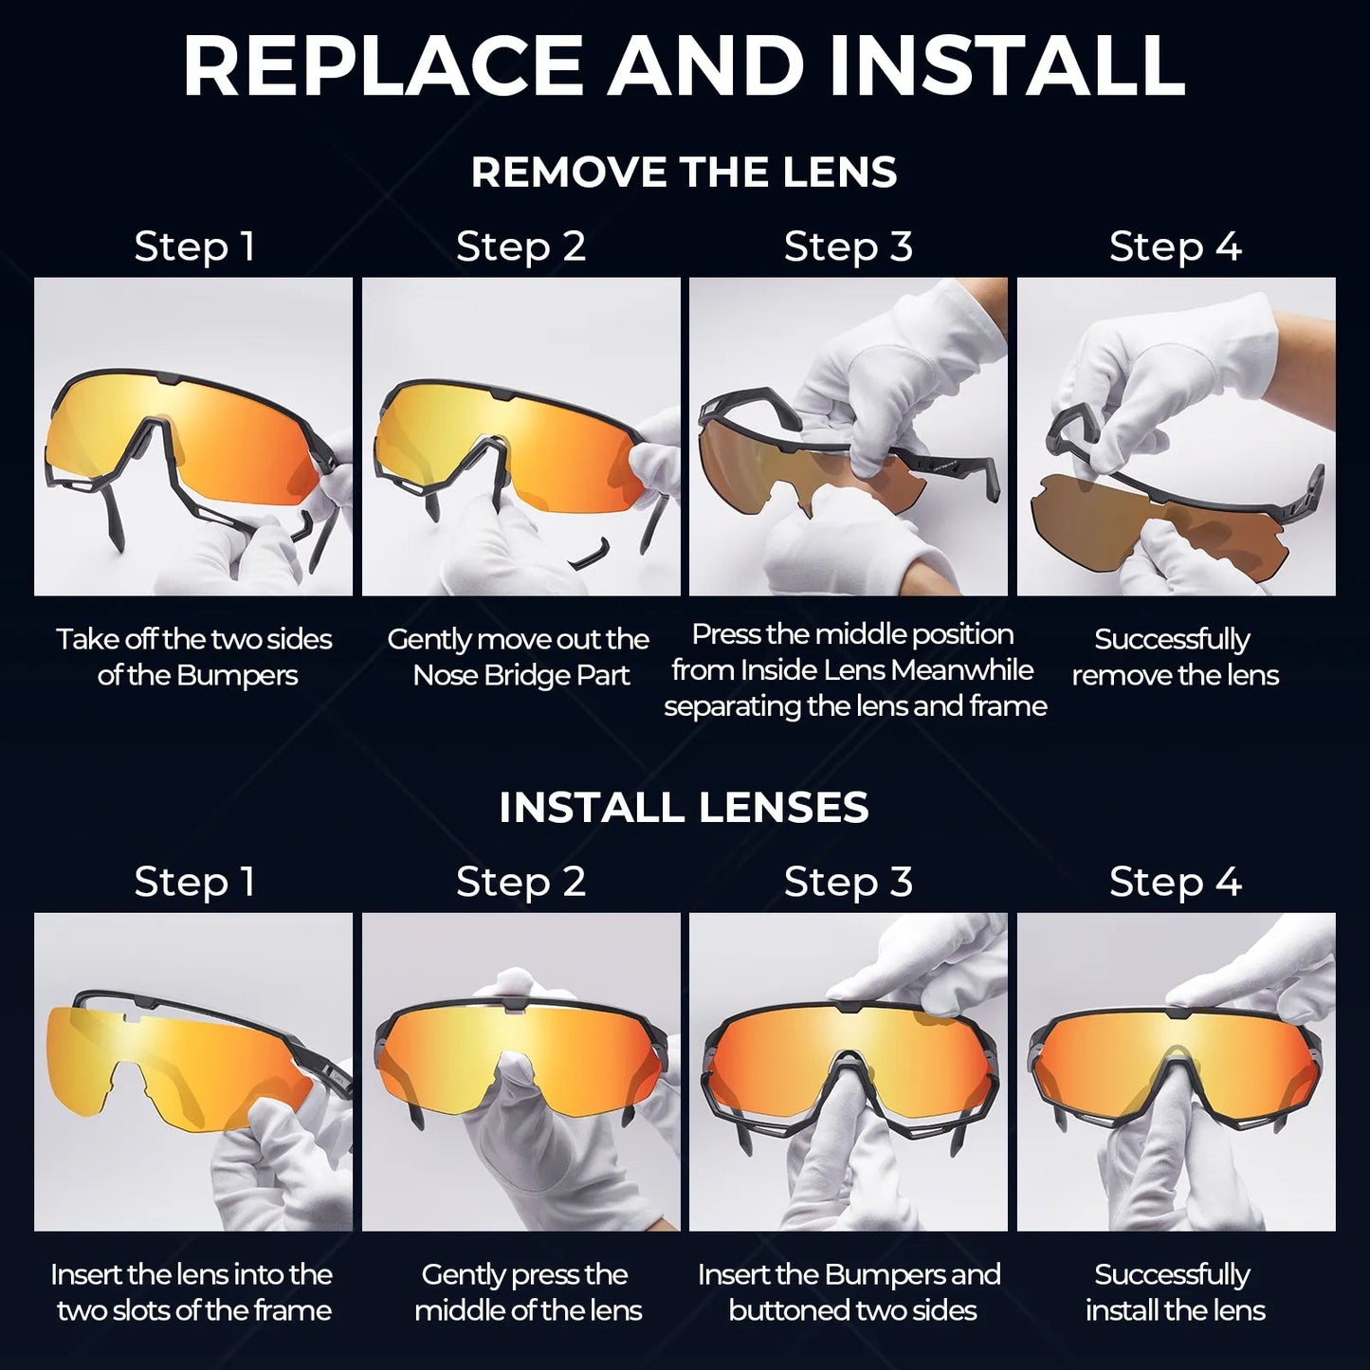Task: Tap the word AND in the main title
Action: pos(706,66)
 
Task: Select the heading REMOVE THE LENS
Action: pos(684,173)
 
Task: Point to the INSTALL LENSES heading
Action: pos(684,808)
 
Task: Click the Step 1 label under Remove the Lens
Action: pos(194,247)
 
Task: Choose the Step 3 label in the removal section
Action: pos(848,247)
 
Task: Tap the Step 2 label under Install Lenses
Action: pos(521,882)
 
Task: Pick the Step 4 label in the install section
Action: pos(1175,882)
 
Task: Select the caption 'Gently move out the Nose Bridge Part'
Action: pos(520,657)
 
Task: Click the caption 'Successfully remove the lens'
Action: pos(1175,657)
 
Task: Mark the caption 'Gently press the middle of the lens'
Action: pos(527,1292)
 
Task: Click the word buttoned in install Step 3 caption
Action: pos(780,1311)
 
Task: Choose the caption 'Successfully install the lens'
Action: pos(1175,1292)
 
